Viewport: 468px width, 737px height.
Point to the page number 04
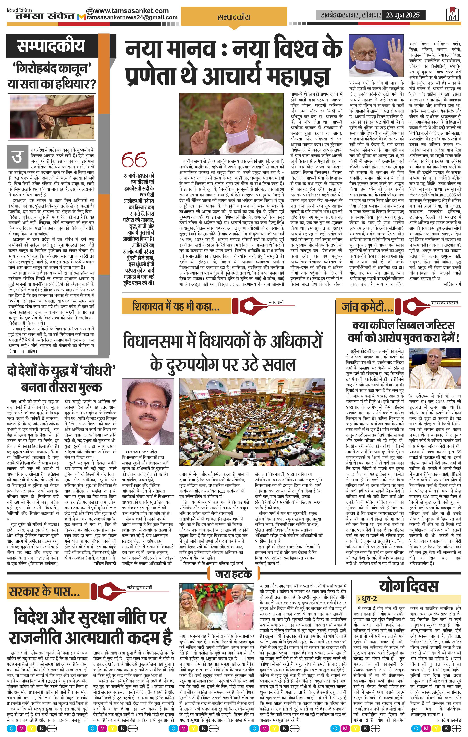tap(452, 17)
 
